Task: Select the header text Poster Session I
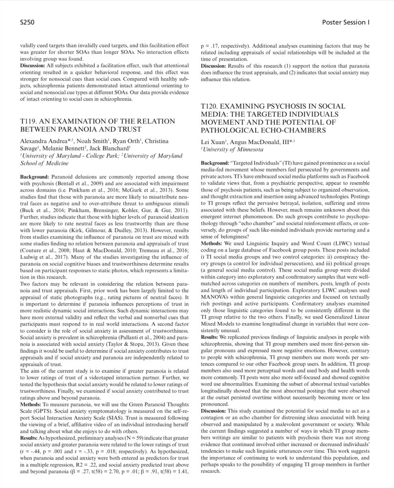[x=346, y=22]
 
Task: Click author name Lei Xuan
[x=212, y=142]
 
